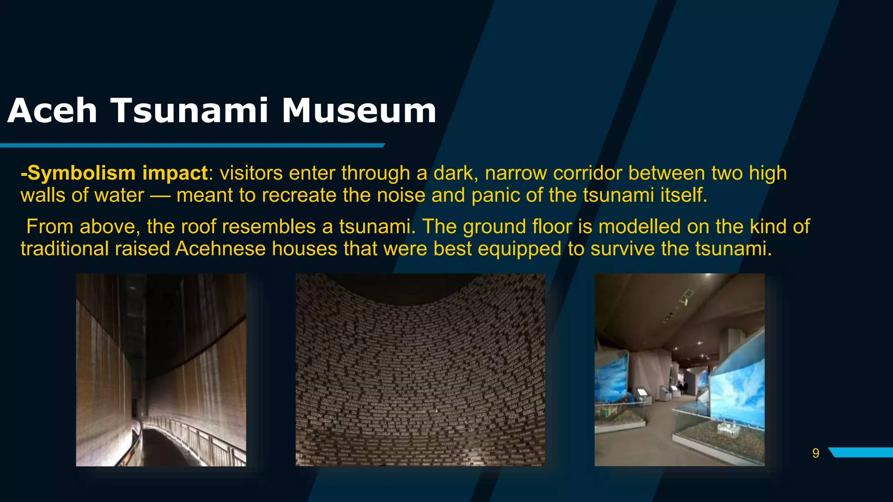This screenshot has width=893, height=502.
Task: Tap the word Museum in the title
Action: click(x=358, y=111)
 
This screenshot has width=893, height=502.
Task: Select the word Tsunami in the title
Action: click(x=190, y=111)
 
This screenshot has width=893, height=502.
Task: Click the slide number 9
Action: click(x=815, y=454)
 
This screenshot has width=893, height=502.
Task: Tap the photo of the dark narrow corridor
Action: click(x=161, y=370)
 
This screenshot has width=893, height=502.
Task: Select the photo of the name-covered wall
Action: click(x=420, y=370)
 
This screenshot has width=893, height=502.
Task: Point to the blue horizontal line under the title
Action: click(x=192, y=145)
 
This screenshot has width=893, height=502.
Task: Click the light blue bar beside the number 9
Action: click(x=861, y=452)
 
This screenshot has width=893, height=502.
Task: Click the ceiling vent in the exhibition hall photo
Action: click(x=687, y=296)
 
